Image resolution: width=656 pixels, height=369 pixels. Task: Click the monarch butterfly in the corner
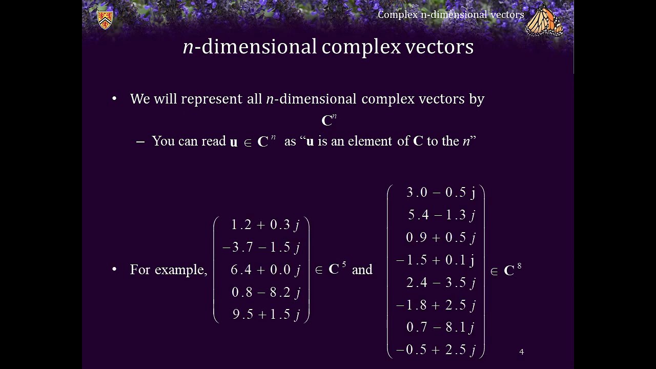[544, 20]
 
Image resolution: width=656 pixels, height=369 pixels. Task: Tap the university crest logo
[105, 19]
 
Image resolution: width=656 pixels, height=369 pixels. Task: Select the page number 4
[521, 352]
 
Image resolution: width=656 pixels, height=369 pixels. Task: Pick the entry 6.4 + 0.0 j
[265, 270]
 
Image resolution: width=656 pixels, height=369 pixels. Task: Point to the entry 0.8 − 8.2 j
[265, 293]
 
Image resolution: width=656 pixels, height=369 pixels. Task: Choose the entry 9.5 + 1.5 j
[265, 315]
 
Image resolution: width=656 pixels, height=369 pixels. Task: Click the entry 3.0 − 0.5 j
[441, 193]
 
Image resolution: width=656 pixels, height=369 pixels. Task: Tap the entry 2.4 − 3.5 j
[441, 283]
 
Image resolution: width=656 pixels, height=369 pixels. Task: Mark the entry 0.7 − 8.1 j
[440, 327]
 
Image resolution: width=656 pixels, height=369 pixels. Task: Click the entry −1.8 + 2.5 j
[436, 305]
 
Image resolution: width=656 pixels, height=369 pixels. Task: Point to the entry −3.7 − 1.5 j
[261, 248]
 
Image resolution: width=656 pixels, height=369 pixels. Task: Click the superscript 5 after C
[344, 264]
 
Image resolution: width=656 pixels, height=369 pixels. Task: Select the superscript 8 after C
[519, 265]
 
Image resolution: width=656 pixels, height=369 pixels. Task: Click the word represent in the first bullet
[211, 99]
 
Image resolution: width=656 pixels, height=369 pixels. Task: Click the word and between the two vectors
[362, 270]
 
